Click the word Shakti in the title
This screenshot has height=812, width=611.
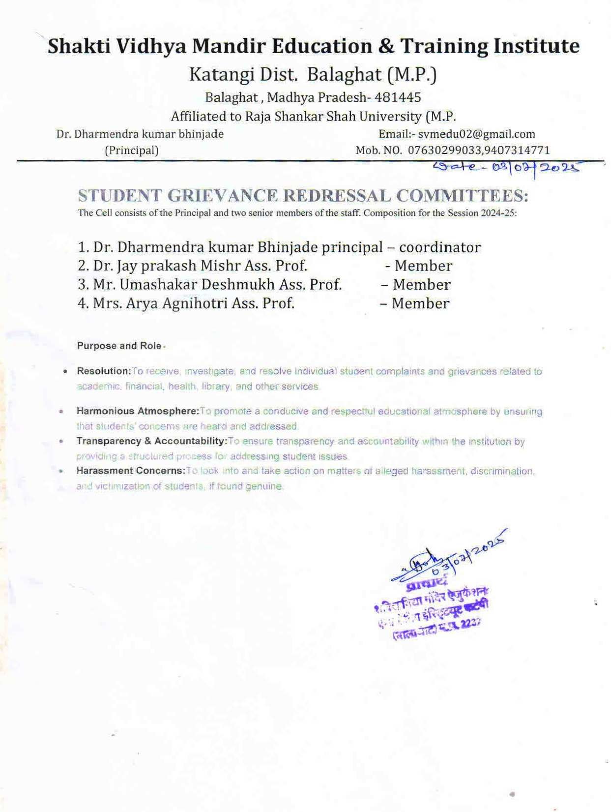coord(79,46)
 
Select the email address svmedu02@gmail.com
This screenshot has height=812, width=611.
coord(476,134)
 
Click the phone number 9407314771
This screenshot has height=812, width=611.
coord(517,150)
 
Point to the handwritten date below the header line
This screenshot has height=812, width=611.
coord(506,168)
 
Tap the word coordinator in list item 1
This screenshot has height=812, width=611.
coord(439,247)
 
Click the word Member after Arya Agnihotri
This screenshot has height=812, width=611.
coord(420,303)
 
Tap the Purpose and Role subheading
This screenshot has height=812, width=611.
coord(119,346)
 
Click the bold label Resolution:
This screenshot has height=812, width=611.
coord(104,371)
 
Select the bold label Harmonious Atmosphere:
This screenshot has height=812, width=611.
coord(138,411)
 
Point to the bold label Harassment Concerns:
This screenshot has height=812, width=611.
coord(131,471)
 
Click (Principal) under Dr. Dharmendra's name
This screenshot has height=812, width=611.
coord(132,150)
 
